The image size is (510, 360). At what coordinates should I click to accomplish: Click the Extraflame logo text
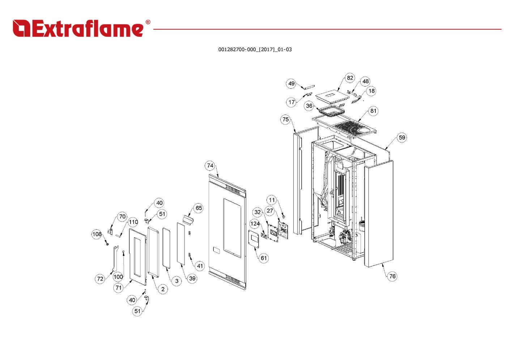click(x=78, y=29)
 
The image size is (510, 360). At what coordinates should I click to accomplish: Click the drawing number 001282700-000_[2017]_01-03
click(x=255, y=50)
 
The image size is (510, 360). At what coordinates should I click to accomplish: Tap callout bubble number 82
click(x=350, y=78)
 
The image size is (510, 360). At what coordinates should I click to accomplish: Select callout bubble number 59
click(x=402, y=137)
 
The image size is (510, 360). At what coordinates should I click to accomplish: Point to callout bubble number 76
click(x=392, y=276)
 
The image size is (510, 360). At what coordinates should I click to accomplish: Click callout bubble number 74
click(x=210, y=166)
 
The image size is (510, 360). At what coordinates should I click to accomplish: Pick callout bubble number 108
click(x=97, y=234)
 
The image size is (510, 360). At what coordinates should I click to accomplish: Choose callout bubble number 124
click(x=255, y=224)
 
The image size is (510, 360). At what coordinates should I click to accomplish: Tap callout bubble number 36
click(x=309, y=106)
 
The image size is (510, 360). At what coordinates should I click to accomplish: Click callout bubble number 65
click(x=199, y=208)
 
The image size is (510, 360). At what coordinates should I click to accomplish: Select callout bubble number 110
click(x=133, y=222)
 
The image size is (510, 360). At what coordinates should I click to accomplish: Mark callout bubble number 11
click(x=272, y=200)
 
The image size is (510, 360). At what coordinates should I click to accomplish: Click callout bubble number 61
click(x=263, y=258)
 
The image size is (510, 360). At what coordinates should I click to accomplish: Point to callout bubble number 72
click(x=100, y=279)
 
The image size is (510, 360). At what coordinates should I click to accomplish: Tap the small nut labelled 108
click(x=107, y=244)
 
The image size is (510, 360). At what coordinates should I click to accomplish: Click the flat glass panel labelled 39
click(x=181, y=244)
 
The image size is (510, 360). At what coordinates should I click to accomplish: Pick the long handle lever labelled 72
click(x=115, y=259)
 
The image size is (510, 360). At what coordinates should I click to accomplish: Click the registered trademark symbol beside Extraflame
click(x=148, y=22)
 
